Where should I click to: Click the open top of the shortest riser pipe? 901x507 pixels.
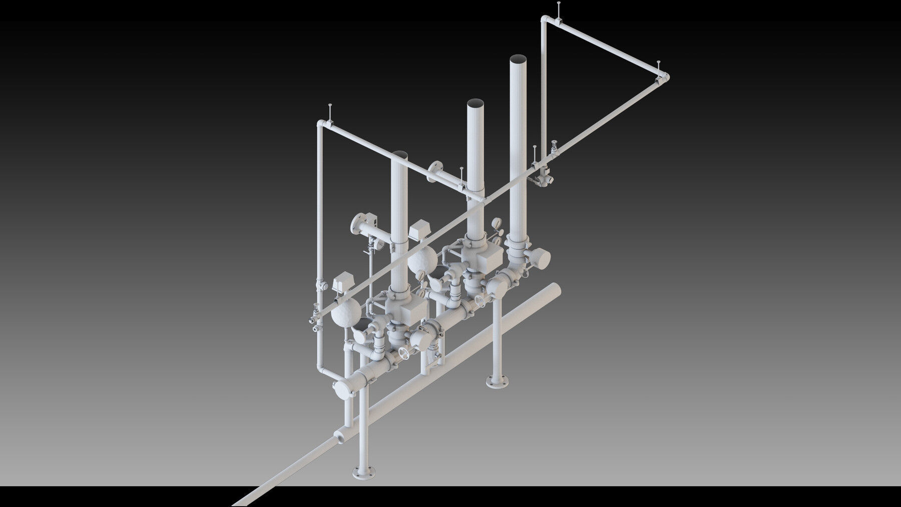coord(399,153)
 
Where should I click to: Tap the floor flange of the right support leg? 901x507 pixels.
coord(498,383)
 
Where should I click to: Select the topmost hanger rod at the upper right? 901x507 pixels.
coord(559,7)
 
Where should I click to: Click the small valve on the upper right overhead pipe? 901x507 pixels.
coord(554,148)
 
